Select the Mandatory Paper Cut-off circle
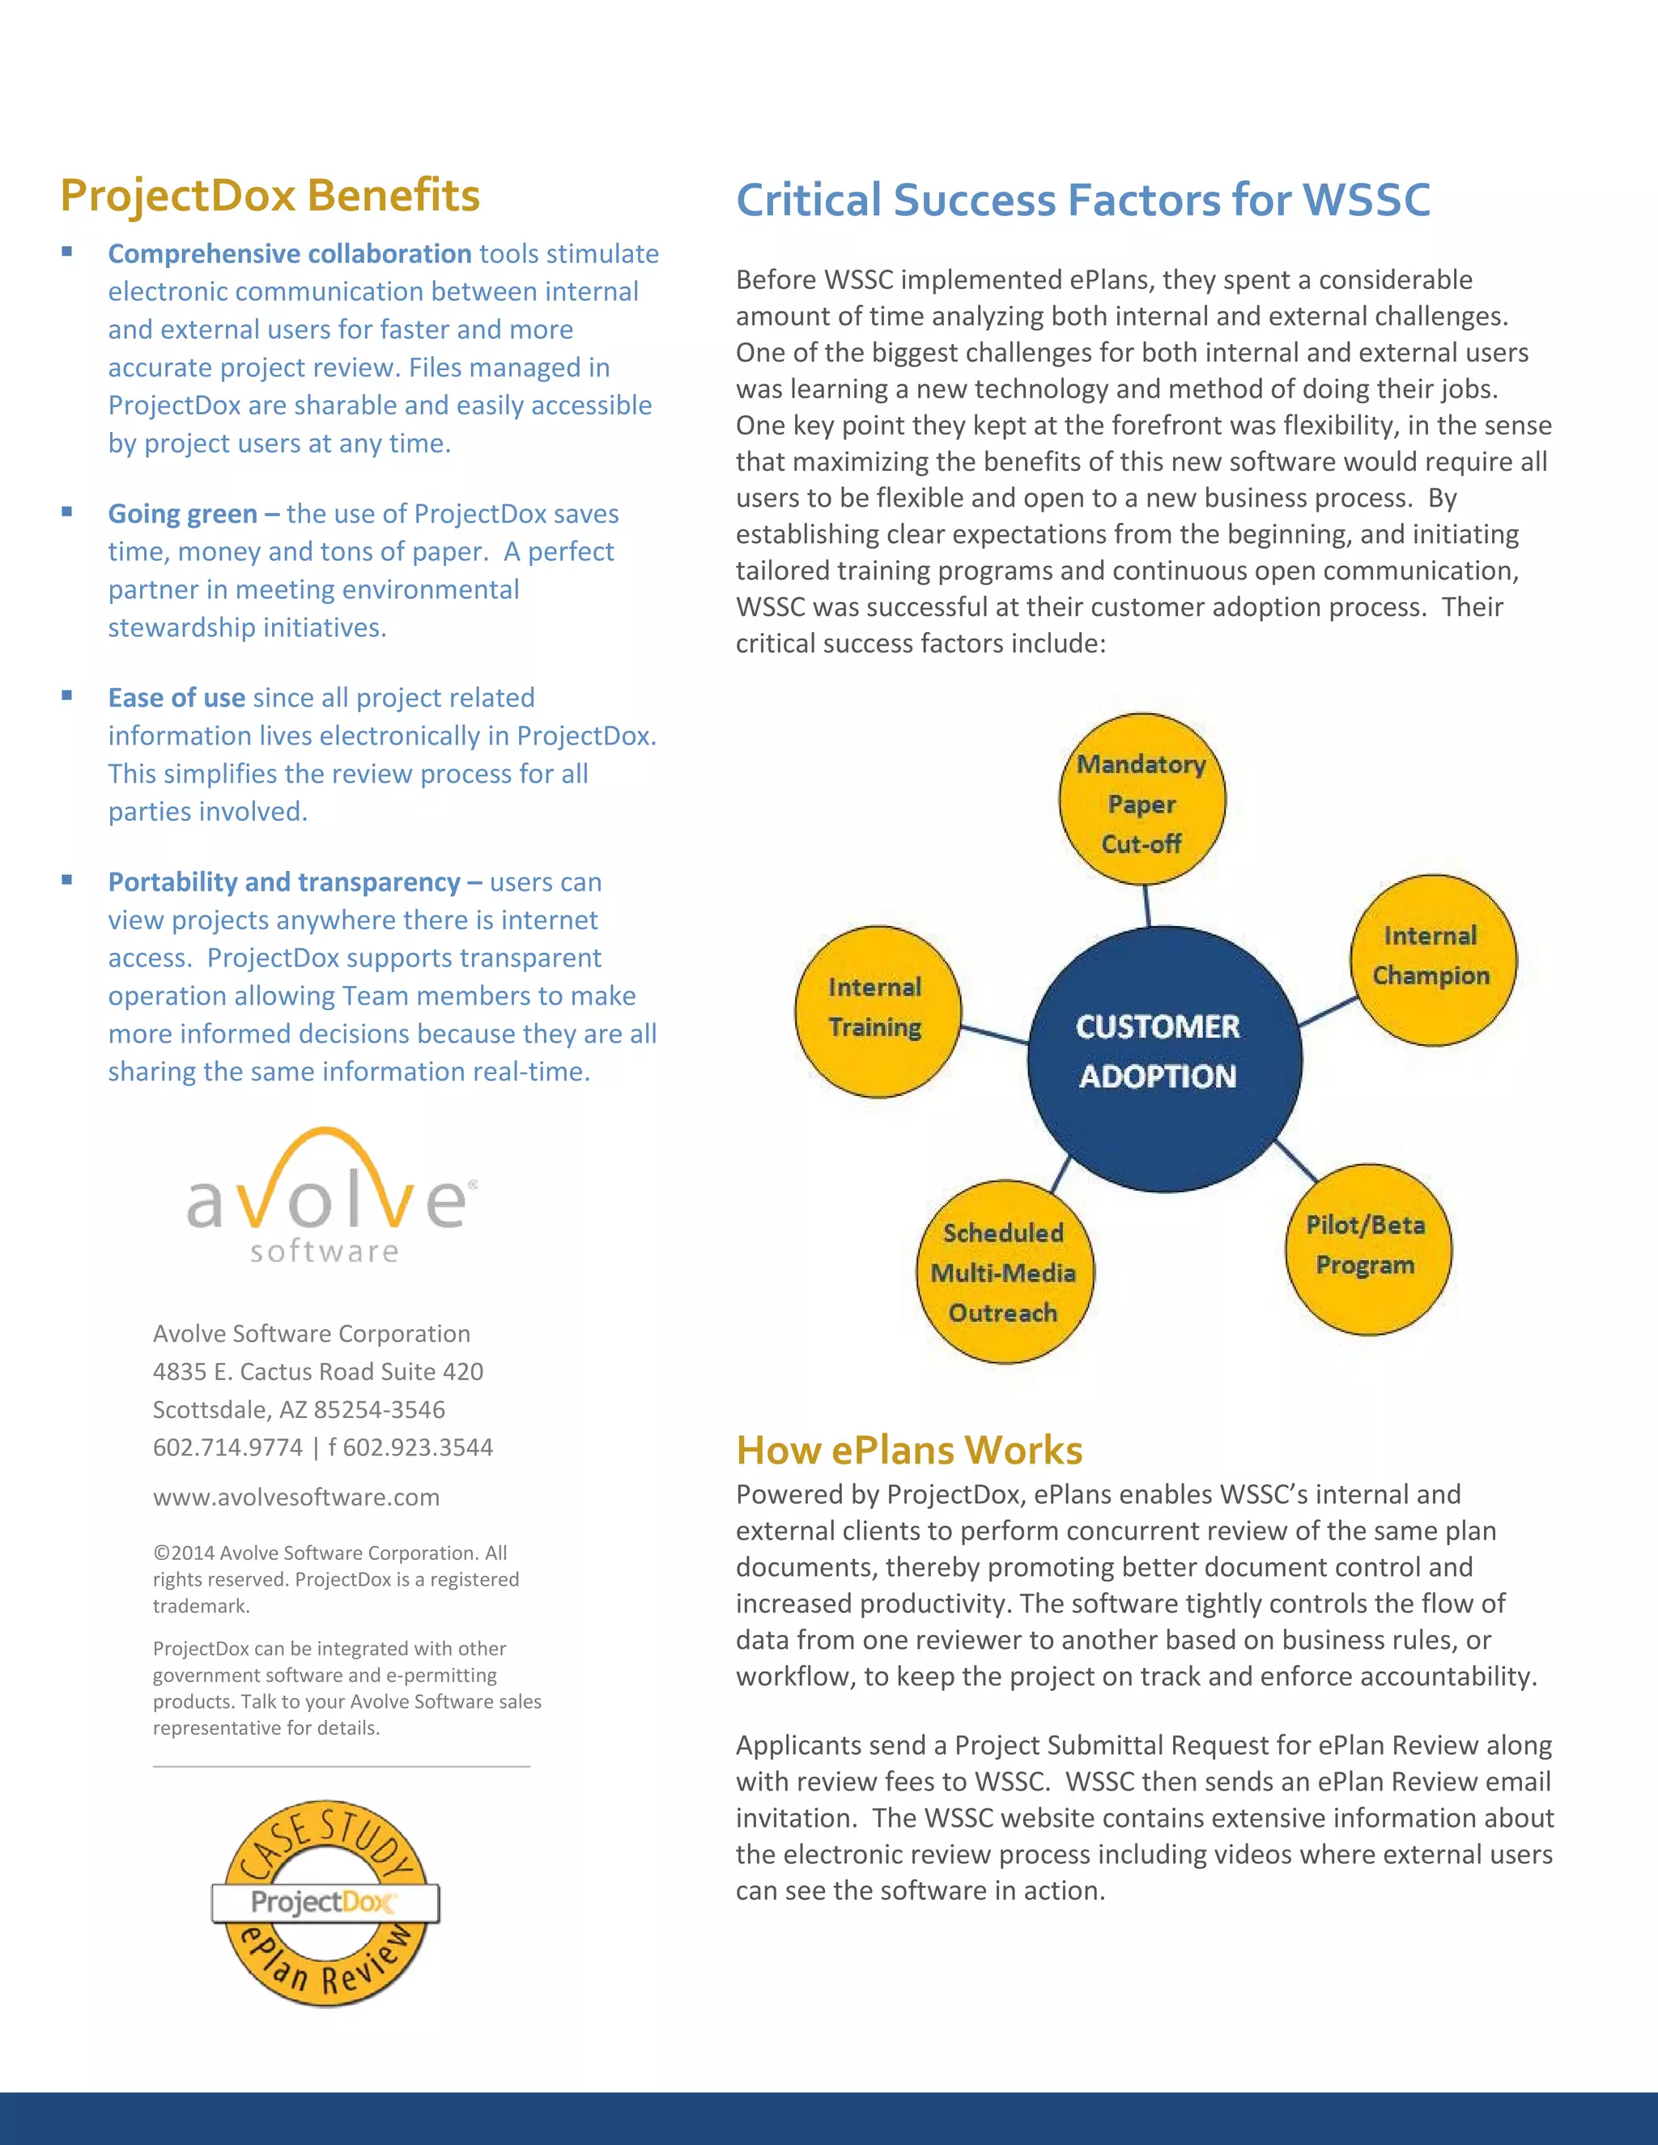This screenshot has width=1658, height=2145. point(1142,801)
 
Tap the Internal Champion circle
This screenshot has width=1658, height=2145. point(1433,958)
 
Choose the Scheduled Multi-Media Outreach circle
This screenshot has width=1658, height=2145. point(1004,1272)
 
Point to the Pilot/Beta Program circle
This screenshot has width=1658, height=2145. point(1367,1248)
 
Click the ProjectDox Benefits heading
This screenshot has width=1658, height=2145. point(270,194)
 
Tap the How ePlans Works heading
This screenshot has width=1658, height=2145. point(908,1450)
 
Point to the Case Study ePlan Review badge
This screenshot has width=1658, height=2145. point(326,1904)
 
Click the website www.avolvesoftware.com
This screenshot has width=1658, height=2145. point(295,1497)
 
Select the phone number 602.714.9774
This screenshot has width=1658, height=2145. point(227,1446)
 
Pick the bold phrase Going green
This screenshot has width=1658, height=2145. point(183,514)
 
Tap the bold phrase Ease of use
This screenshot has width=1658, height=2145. point(176,697)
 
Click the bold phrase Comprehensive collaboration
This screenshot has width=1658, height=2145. point(290,253)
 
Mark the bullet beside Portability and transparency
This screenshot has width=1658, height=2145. point(67,880)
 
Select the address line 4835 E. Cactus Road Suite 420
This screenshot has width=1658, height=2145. point(317,1371)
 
